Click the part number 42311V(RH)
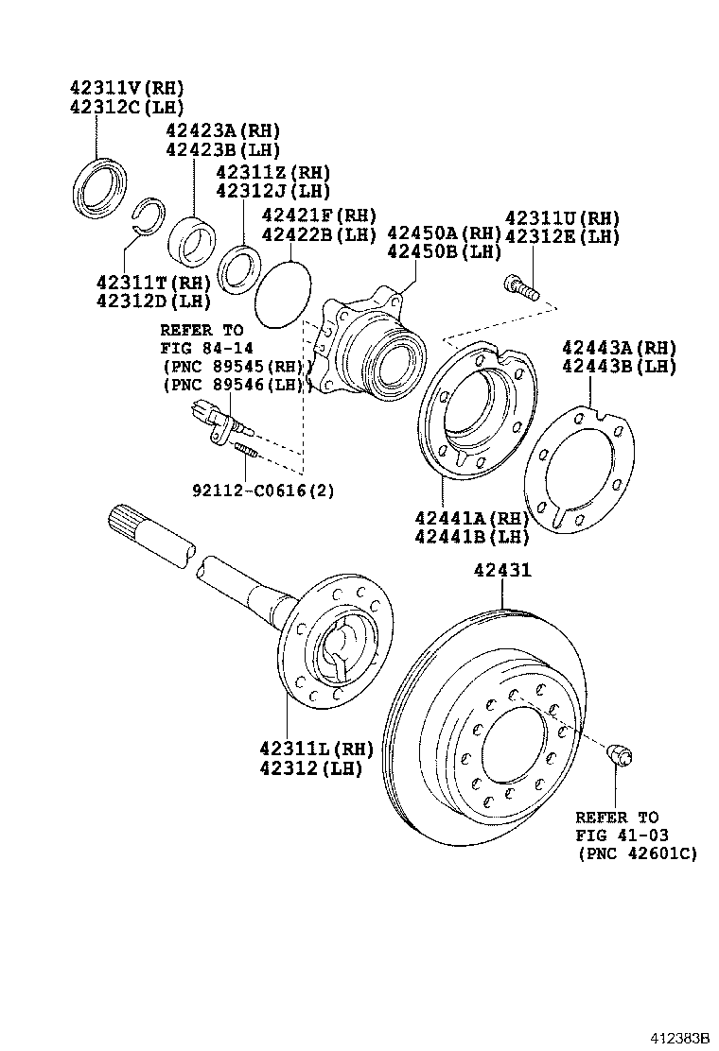pyautogui.click(x=126, y=87)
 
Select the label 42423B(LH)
pyautogui.click(x=222, y=149)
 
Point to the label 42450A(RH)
pyautogui.click(x=443, y=233)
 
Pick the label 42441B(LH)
pyautogui.click(x=470, y=536)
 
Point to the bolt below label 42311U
pyautogui.click(x=520, y=285)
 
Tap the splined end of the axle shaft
pyautogui.click(x=133, y=524)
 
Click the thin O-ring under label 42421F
pyautogui.click(x=283, y=294)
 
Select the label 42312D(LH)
pyautogui.click(x=152, y=302)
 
